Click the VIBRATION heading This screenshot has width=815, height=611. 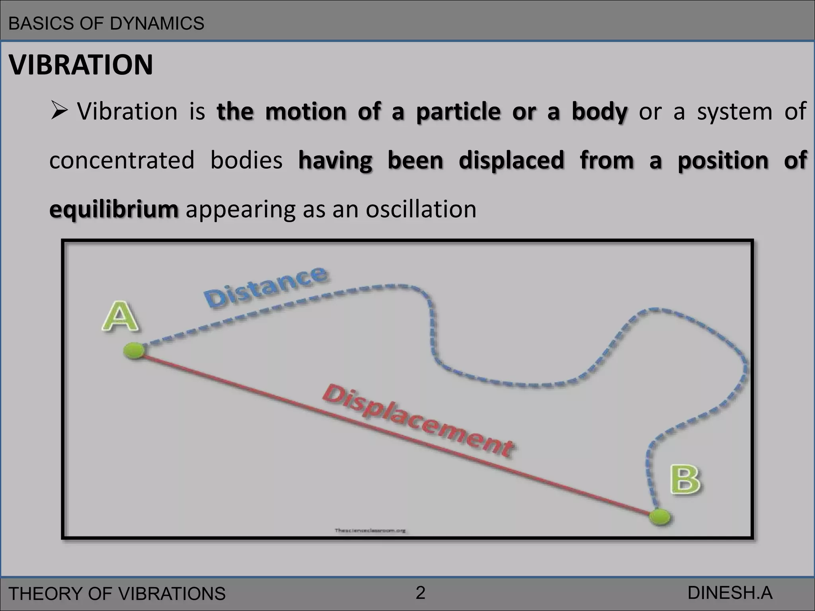tap(81, 65)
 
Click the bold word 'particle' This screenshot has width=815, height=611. tap(458, 112)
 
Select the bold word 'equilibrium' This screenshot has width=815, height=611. tap(114, 210)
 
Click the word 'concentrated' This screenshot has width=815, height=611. tap(122, 160)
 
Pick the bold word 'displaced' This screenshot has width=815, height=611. tap(511, 160)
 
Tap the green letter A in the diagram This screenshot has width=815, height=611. tap(120, 317)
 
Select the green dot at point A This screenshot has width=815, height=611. tap(134, 351)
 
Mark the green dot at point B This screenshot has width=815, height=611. tap(660, 517)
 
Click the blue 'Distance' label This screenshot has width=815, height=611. tap(266, 287)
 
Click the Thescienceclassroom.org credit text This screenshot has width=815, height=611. tap(370, 530)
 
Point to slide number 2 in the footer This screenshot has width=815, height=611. tap(420, 593)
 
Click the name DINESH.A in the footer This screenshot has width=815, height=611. tap(730, 593)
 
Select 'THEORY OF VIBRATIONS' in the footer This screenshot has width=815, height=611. tap(117, 593)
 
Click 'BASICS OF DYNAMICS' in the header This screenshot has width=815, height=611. tap(106, 23)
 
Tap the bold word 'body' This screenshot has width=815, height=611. tap(599, 112)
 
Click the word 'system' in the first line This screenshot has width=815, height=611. tap(735, 111)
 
